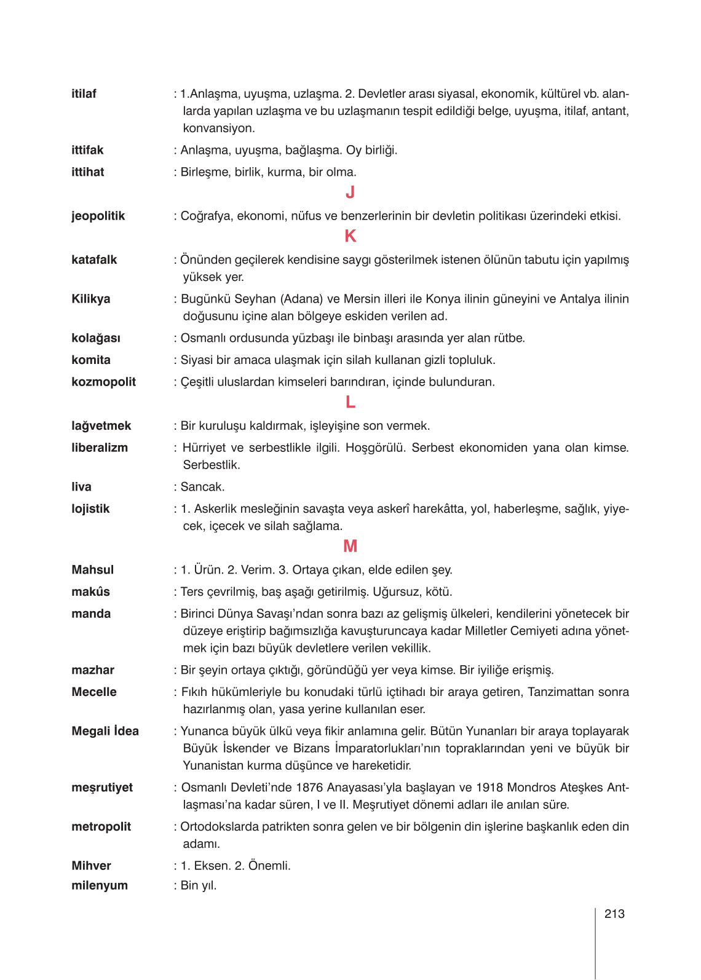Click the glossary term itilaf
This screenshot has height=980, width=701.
click(84, 94)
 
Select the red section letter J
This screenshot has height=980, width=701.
click(350, 193)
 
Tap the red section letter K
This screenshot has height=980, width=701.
click(350, 237)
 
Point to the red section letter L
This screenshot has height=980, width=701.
click(350, 403)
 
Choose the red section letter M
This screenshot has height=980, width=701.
click(350, 547)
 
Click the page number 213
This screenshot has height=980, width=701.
click(614, 914)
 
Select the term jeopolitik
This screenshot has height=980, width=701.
click(98, 216)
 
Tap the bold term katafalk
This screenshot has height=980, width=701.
click(94, 260)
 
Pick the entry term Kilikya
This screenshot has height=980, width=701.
click(90, 299)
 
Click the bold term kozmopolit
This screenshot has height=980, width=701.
click(103, 382)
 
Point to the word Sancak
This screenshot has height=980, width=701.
click(202, 487)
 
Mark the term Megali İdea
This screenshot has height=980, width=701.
click(105, 731)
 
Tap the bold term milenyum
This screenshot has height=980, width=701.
click(100, 886)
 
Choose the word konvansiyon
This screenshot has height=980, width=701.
click(218, 128)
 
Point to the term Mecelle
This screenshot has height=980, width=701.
click(93, 692)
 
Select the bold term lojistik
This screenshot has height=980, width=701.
click(90, 509)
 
